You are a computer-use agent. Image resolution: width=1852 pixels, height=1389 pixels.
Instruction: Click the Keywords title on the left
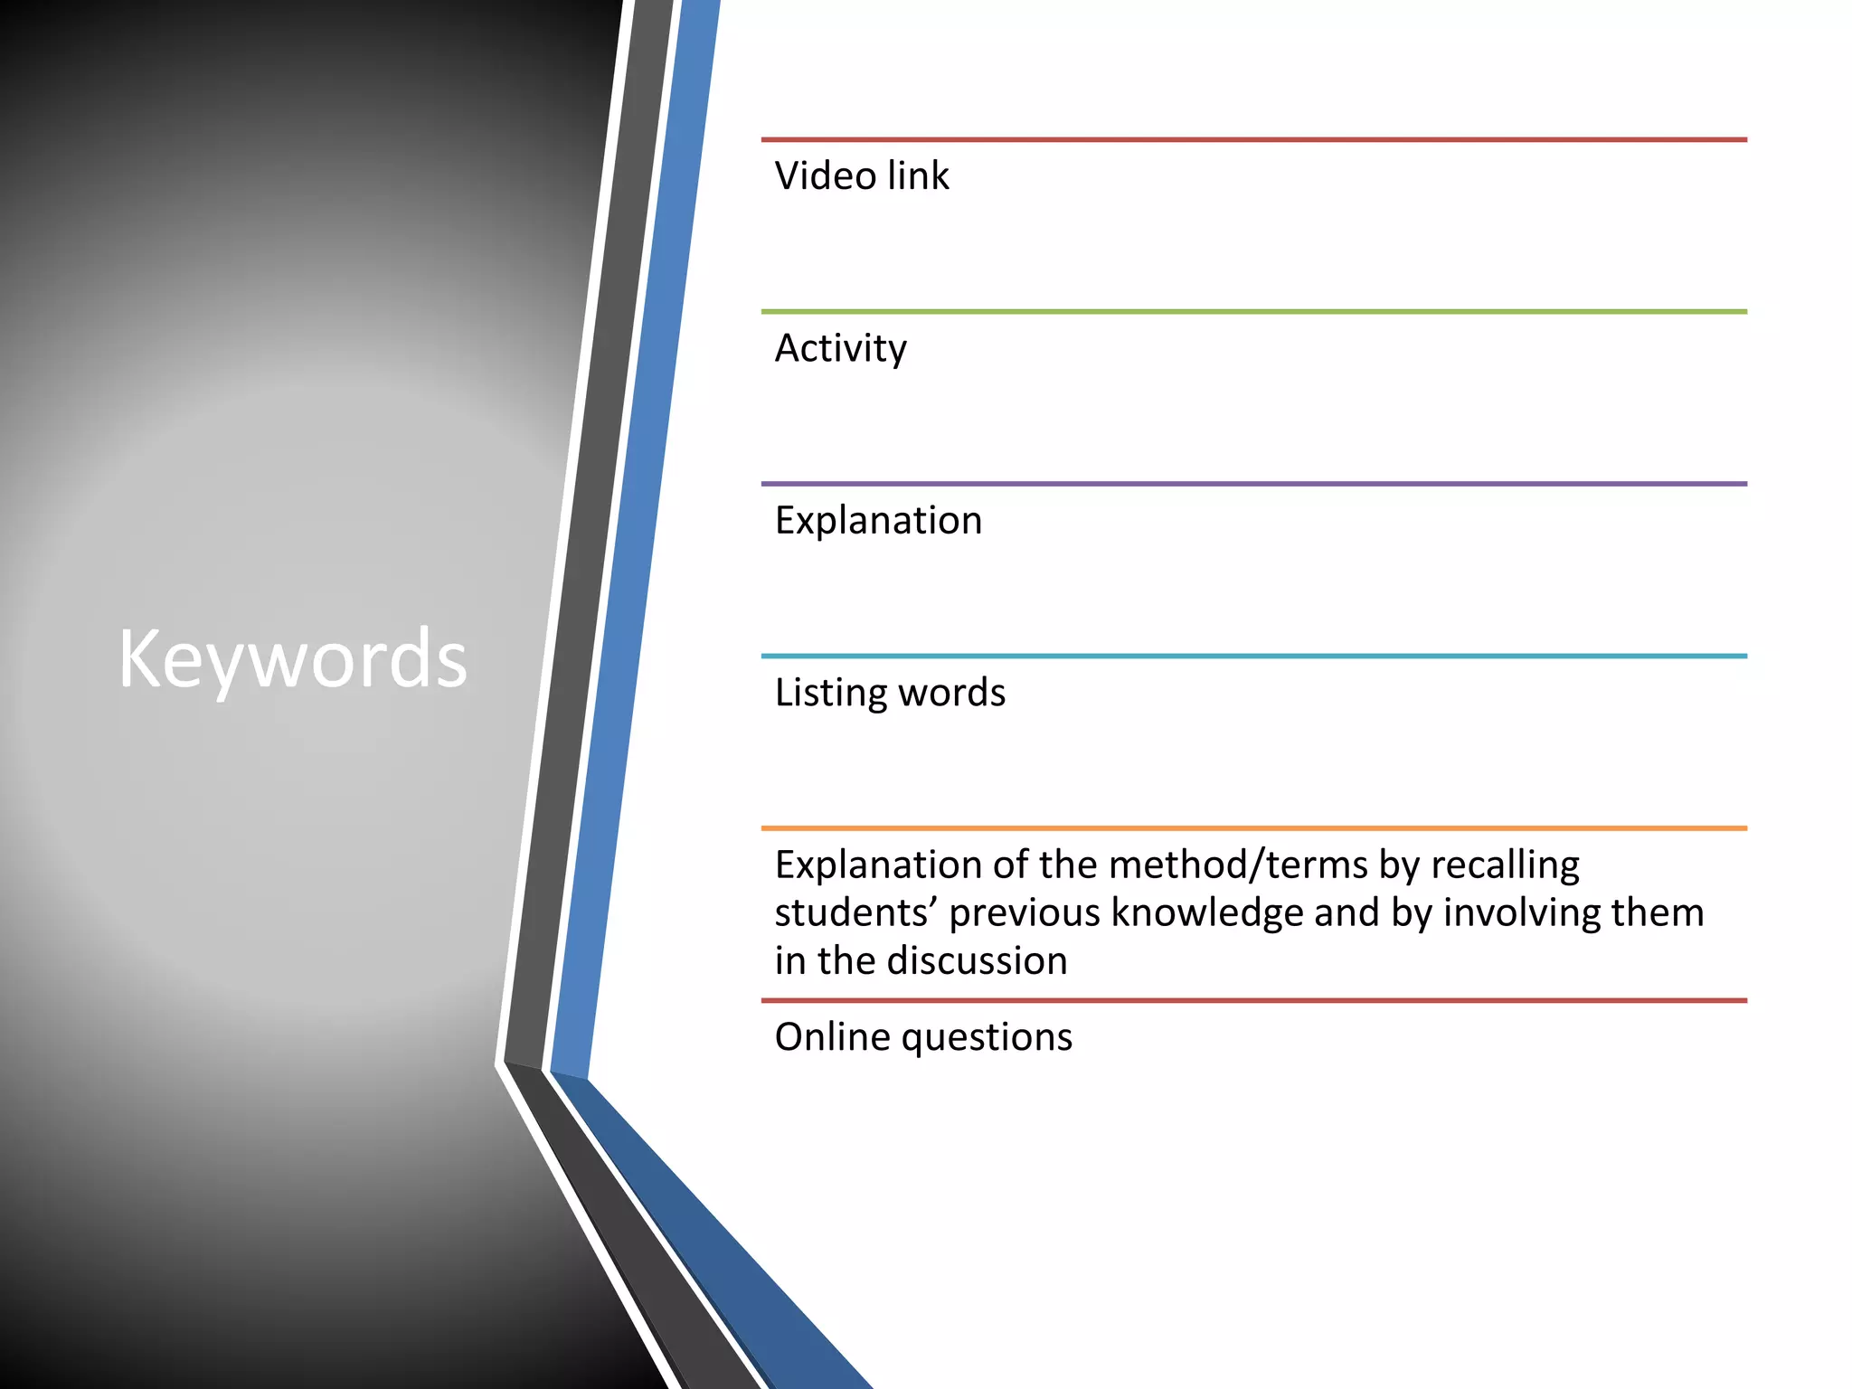(x=292, y=659)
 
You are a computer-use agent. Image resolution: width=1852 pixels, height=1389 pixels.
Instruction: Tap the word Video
(x=824, y=175)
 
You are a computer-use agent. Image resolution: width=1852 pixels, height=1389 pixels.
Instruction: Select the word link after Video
(x=918, y=175)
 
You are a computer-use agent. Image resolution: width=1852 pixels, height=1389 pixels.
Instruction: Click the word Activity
(x=840, y=349)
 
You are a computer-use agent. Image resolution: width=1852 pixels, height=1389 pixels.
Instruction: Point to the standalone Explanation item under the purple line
(x=877, y=521)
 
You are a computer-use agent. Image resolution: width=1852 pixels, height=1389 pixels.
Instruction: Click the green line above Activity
(x=1253, y=312)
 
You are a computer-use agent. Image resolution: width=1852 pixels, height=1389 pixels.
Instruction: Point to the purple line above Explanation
(x=1253, y=484)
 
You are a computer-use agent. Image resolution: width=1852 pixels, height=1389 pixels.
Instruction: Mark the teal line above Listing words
(x=1253, y=656)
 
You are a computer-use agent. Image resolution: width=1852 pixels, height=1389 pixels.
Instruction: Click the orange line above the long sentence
(x=1253, y=827)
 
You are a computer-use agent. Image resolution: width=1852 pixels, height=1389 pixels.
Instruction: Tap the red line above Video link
(x=1253, y=140)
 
